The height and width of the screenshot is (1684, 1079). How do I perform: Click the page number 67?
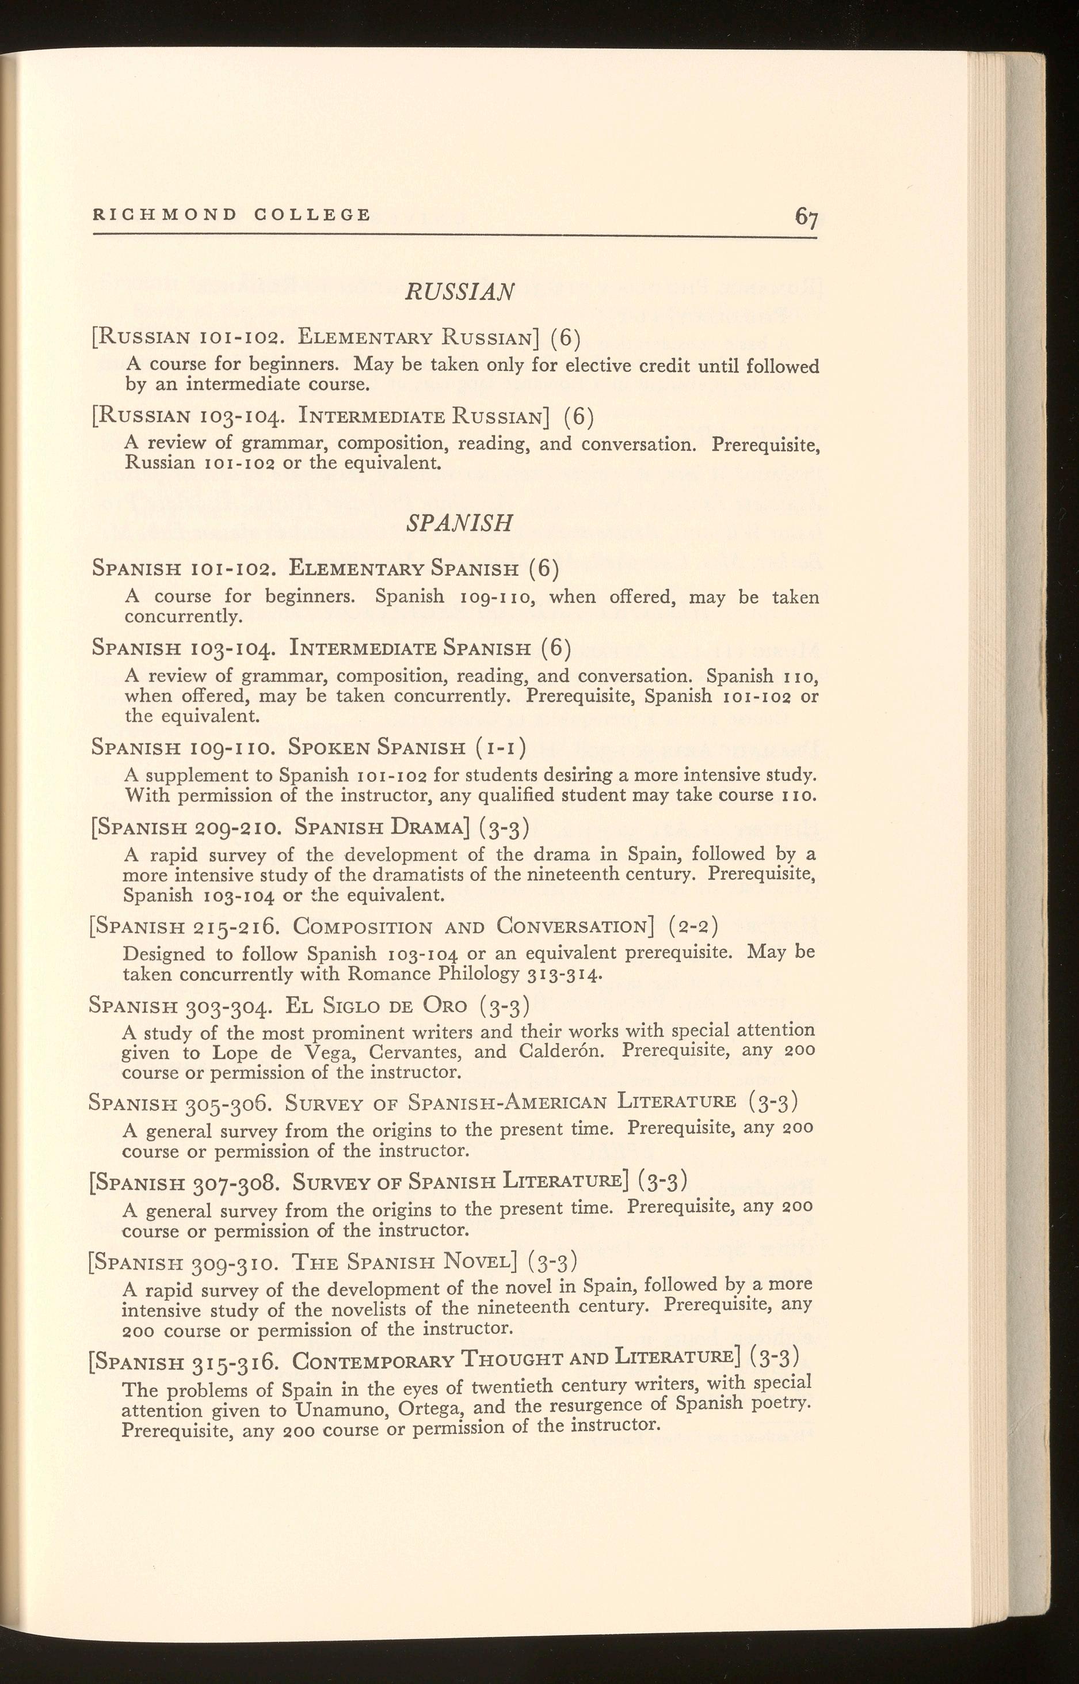pyautogui.click(x=806, y=216)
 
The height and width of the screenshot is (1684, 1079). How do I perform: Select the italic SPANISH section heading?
pyautogui.click(x=460, y=523)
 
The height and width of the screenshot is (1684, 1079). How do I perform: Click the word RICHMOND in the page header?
pyautogui.click(x=165, y=214)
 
